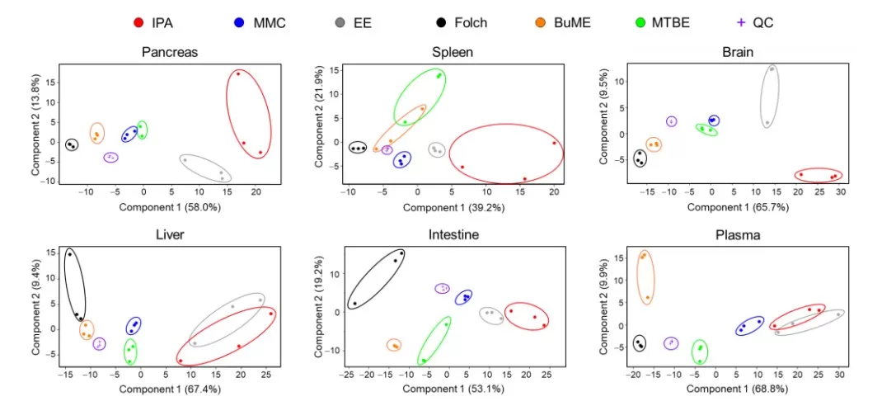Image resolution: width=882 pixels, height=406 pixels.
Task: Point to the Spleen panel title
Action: click(453, 52)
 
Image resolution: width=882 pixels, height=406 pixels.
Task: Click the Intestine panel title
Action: click(453, 235)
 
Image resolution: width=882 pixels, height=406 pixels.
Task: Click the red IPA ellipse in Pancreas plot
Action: click(248, 111)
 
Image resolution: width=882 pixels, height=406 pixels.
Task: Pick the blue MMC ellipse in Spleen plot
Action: click(401, 159)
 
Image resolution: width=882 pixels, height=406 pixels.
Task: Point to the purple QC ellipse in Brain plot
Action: click(672, 121)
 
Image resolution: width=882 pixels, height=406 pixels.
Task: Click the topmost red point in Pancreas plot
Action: click(238, 73)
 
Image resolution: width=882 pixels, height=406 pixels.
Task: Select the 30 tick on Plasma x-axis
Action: click(839, 375)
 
